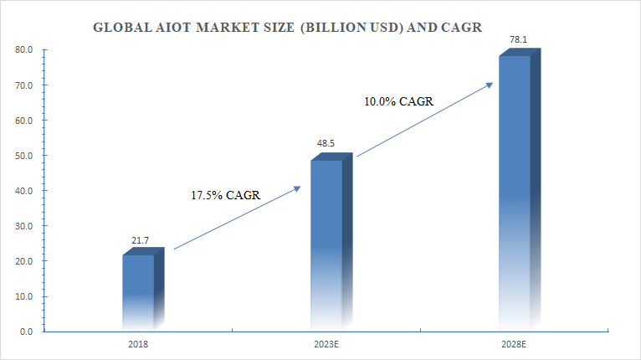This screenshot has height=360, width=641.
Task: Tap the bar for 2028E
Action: pos(515,193)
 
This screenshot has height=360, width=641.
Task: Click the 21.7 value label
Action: pos(141,241)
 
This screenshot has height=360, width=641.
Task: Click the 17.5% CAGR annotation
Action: pos(226,195)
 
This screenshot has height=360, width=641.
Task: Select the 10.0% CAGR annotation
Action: pos(398,101)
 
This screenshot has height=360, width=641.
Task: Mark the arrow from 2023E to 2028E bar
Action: pos(424,120)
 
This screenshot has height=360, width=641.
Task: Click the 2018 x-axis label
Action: pos(138,343)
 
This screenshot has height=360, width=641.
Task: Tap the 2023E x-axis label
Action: pos(326,343)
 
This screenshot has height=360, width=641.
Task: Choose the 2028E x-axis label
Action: pos(515,343)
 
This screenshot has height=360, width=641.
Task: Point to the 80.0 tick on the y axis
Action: pos(24,50)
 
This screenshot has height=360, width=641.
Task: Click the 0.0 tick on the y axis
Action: pos(27,332)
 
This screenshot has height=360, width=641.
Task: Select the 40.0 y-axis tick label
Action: pos(24,191)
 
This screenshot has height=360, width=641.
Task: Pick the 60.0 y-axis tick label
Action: pos(24,121)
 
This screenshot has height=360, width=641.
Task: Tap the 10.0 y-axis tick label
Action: pos(24,296)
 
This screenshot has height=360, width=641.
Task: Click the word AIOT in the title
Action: pos(172,27)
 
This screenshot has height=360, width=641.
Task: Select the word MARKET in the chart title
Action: pos(228,27)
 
